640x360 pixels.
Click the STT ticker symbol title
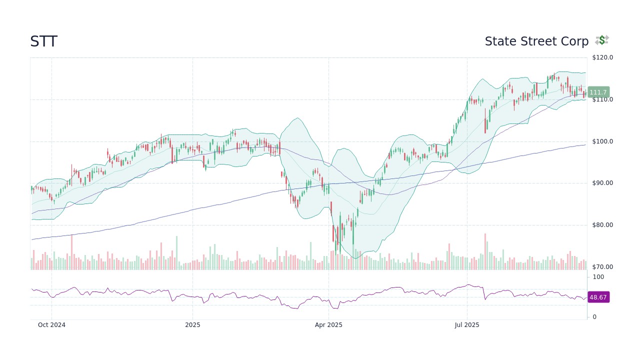click(x=43, y=41)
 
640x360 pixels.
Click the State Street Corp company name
click(x=536, y=41)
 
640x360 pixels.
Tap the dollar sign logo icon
click(x=602, y=40)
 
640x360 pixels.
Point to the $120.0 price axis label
click(x=602, y=57)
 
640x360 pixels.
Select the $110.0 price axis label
click(x=602, y=99)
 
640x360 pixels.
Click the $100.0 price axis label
click(x=602, y=141)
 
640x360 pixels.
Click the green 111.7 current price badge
click(x=598, y=92)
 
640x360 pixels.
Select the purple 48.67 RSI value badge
click(x=598, y=297)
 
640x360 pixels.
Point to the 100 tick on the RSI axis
click(x=598, y=277)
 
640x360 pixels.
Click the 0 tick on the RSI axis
click(x=594, y=317)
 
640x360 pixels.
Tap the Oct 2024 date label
click(x=51, y=325)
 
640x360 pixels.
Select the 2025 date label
click(x=192, y=325)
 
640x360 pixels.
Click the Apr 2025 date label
click(x=328, y=325)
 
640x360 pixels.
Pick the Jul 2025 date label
click(x=467, y=325)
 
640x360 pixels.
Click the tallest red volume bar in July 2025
click(x=485, y=252)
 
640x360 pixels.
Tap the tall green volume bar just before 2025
click(x=176, y=253)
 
